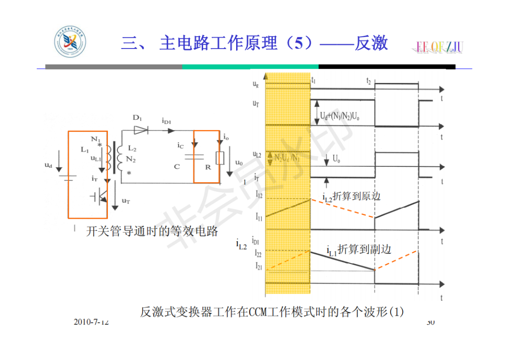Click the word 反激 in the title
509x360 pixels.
[x=371, y=43]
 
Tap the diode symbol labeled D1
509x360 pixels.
[x=141, y=131]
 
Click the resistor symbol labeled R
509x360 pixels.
[x=220, y=158]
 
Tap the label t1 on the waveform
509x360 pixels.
[x=314, y=81]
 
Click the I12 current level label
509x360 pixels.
[x=259, y=194]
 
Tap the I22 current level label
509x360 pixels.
[x=259, y=253]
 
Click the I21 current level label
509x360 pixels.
[x=259, y=267]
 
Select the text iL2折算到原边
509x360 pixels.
[x=352, y=196]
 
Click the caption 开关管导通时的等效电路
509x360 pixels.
[x=152, y=232]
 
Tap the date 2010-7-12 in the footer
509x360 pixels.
[x=91, y=322]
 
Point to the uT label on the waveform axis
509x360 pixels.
[x=255, y=103]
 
